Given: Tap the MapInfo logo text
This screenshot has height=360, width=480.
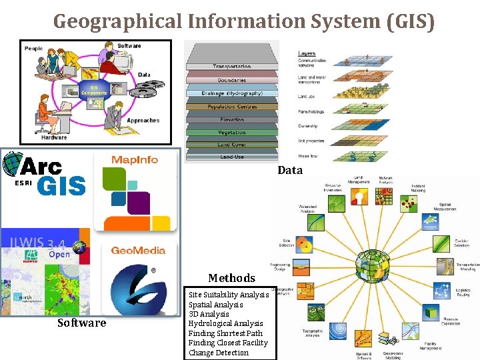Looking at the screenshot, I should [135, 159].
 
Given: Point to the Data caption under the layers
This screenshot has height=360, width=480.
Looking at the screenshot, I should [290, 170].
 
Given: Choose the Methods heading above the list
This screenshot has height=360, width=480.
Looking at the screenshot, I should [231, 278].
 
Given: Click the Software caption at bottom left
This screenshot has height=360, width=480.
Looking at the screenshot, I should [81, 323].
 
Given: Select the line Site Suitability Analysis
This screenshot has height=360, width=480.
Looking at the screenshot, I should [229, 295].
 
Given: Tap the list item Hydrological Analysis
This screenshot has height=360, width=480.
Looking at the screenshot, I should [225, 323].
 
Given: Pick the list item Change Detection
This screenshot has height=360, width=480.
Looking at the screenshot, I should [218, 353].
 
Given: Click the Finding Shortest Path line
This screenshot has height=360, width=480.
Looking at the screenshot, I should [225, 333].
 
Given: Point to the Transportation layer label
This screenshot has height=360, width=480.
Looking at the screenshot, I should [231, 67].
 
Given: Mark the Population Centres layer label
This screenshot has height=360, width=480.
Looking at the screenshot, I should [231, 107].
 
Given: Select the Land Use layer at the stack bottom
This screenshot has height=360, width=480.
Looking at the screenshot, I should [231, 156].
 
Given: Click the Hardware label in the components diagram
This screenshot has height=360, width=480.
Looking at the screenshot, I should [36, 137].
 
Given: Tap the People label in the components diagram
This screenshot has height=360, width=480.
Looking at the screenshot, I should [33, 48].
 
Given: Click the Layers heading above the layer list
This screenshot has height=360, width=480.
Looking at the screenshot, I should [307, 53].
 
